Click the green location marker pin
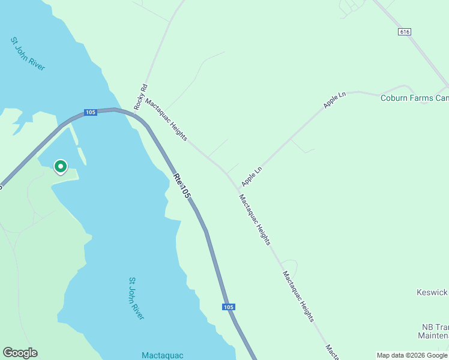(61, 167)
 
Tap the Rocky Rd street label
(141, 96)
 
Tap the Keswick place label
(432, 292)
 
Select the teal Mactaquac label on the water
(162, 355)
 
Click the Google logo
(20, 353)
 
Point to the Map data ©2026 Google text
(412, 355)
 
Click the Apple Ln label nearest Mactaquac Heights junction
(252, 176)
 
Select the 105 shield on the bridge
(90, 112)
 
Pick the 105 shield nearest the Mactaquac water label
(228, 307)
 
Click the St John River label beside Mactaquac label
(137, 298)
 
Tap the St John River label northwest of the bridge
(28, 53)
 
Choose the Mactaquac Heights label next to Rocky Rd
(166, 119)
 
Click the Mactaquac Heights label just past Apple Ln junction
(255, 220)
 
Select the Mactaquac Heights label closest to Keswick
(298, 296)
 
